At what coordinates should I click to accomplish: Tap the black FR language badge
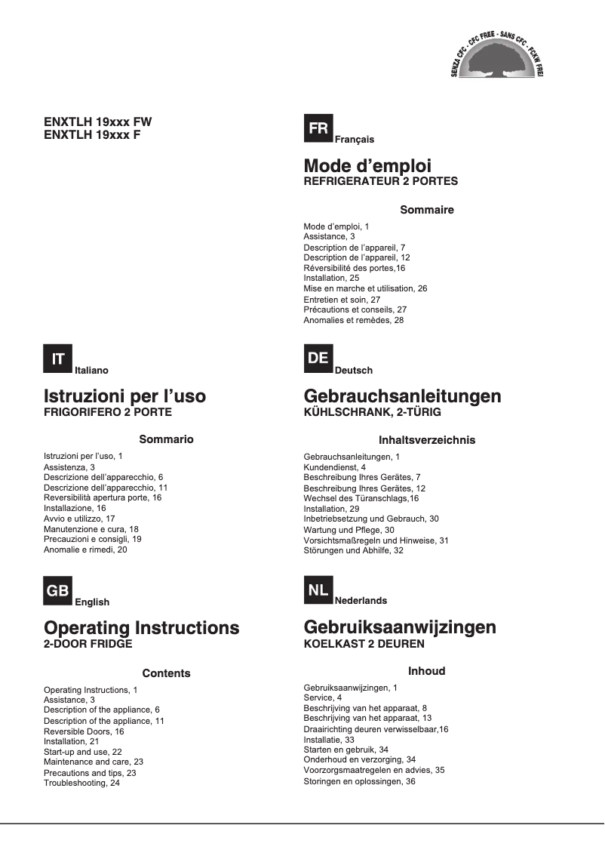(x=318, y=129)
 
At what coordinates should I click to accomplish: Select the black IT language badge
(x=58, y=359)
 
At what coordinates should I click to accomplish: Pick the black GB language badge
(x=58, y=591)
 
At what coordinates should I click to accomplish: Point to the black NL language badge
(x=318, y=590)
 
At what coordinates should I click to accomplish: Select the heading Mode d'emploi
(x=367, y=166)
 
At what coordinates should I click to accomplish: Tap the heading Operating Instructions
(x=142, y=628)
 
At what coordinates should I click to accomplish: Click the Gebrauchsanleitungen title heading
(x=402, y=396)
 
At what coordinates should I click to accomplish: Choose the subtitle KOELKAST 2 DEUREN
(x=364, y=644)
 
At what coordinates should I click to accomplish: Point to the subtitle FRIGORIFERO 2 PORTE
(x=108, y=412)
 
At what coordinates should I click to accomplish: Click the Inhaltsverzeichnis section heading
(x=427, y=440)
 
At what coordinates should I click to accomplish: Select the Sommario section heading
(x=167, y=439)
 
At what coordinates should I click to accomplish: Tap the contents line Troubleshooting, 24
(x=82, y=784)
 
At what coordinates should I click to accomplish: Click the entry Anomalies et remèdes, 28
(x=354, y=320)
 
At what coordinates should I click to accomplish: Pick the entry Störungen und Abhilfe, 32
(x=354, y=551)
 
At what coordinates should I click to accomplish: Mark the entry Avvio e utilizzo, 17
(x=79, y=519)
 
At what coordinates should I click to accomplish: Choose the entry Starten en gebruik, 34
(x=345, y=750)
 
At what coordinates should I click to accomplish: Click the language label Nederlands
(x=361, y=601)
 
